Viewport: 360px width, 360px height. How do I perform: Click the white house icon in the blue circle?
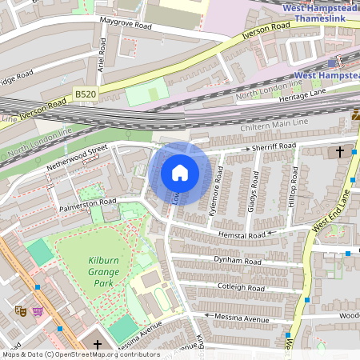[x=179, y=173]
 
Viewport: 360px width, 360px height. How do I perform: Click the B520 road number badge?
[x=85, y=94]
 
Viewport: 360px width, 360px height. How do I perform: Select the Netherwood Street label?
[x=78, y=154]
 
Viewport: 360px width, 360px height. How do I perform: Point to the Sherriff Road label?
[x=274, y=147]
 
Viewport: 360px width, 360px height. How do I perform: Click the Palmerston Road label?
[x=88, y=205]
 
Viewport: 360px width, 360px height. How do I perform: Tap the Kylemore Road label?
[x=214, y=193]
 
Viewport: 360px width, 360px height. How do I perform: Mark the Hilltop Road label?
[x=294, y=185]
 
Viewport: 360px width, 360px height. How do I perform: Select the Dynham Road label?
[x=238, y=261]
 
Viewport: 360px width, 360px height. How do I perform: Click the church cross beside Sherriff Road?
[x=339, y=151]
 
